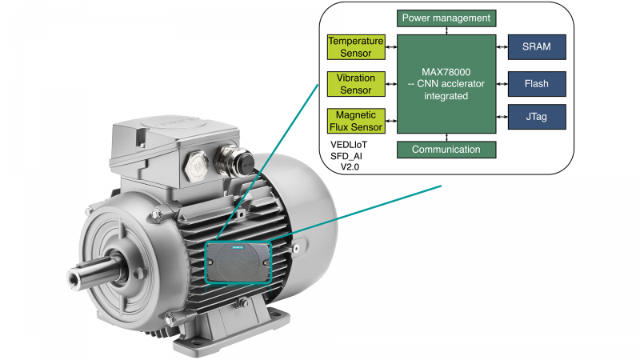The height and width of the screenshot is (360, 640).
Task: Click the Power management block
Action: coord(446,18)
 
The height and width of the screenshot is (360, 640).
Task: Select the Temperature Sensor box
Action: coord(356,46)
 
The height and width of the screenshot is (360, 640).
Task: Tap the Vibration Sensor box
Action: coord(356,83)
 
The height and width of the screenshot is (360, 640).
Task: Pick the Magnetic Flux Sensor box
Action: coord(356,120)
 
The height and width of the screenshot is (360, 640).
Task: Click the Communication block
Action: coord(446,150)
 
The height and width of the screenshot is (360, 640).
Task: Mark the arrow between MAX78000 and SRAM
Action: coord(502,46)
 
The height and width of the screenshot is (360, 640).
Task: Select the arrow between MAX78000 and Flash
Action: coord(502,83)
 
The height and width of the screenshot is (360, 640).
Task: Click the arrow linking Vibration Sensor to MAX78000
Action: coord(392,83)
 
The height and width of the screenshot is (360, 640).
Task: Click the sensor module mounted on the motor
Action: coord(238,261)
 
